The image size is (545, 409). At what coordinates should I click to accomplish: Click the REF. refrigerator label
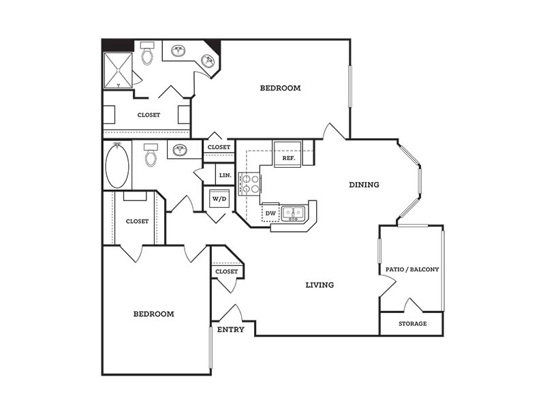pyautogui.click(x=288, y=158)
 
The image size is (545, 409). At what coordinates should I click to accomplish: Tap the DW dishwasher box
pyautogui.click(x=270, y=213)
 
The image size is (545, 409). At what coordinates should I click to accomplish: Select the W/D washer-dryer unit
pyautogui.click(x=219, y=198)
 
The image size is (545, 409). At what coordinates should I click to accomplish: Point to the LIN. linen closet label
pyautogui.click(x=225, y=175)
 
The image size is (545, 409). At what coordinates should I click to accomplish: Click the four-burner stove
pyautogui.click(x=249, y=184)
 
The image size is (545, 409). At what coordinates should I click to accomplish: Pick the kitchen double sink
pyautogui.click(x=293, y=213)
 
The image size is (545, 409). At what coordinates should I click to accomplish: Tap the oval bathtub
pyautogui.click(x=117, y=165)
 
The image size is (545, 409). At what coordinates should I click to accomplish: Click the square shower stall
pyautogui.click(x=118, y=70)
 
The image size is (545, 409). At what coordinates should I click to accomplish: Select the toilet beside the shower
pyautogui.click(x=147, y=53)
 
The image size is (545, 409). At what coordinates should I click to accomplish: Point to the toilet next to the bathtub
pyautogui.click(x=151, y=155)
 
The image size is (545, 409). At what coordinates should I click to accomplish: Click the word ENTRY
pyautogui.click(x=231, y=329)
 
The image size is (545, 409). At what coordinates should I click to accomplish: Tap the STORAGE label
pyautogui.click(x=413, y=323)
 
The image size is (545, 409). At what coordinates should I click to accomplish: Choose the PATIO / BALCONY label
pyautogui.click(x=412, y=269)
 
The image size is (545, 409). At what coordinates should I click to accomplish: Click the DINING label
pyautogui.click(x=364, y=184)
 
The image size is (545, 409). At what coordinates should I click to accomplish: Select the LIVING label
pyautogui.click(x=320, y=285)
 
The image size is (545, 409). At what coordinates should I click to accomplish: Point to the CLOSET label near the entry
pyautogui.click(x=227, y=271)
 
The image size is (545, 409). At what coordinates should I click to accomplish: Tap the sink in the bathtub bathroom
pyautogui.click(x=180, y=150)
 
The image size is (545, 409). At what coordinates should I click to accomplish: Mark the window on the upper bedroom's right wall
pyautogui.click(x=350, y=86)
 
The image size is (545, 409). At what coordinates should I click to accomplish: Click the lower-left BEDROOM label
pyautogui.click(x=154, y=314)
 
